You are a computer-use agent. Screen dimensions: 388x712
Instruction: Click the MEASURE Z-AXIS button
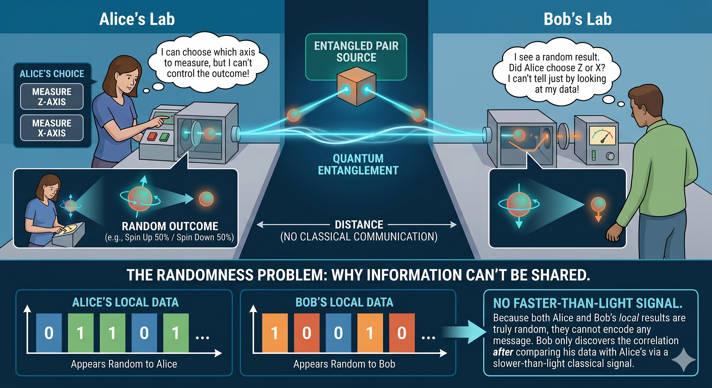pyautogui.click(x=52, y=97)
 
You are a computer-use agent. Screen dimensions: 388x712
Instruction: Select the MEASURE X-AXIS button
pyautogui.click(x=52, y=128)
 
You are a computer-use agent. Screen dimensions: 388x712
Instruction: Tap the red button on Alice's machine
pyautogui.click(x=152, y=136)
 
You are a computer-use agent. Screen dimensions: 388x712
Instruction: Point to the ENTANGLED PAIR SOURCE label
pyautogui.click(x=356, y=52)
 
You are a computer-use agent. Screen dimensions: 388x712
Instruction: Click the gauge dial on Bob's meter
pyautogui.click(x=603, y=135)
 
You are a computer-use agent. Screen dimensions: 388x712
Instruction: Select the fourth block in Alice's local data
pyautogui.click(x=144, y=333)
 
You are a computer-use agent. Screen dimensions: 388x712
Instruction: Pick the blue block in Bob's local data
pyautogui.click(x=338, y=333)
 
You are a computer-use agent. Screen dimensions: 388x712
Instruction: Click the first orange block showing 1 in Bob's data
pyautogui.click(x=275, y=333)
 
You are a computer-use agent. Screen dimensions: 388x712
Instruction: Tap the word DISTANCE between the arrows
pyautogui.click(x=359, y=225)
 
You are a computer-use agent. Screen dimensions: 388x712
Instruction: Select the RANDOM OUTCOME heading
pyautogui.click(x=170, y=226)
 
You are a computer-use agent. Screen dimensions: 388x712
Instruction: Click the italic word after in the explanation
pyautogui.click(x=503, y=352)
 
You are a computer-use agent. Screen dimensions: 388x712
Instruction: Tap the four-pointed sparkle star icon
pyautogui.click(x=683, y=359)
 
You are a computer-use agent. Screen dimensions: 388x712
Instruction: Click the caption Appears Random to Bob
pyautogui.click(x=344, y=364)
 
